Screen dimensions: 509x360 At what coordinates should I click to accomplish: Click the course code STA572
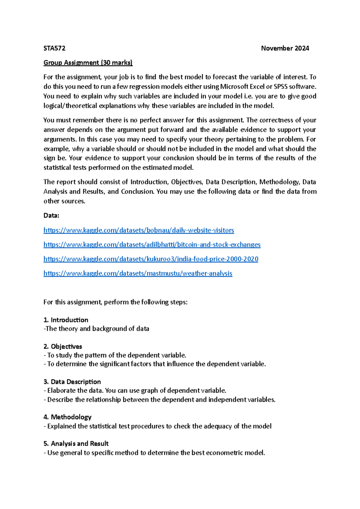[x=54, y=48]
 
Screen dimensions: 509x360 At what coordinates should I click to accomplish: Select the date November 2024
[x=285, y=48]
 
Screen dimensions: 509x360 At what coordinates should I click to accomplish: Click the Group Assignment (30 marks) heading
[x=88, y=63]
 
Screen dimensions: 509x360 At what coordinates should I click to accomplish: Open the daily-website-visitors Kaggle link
[x=139, y=230]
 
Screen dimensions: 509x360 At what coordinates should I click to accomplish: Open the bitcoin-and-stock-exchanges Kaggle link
[x=152, y=245]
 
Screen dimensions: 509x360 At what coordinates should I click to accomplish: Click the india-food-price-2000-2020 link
[x=151, y=259]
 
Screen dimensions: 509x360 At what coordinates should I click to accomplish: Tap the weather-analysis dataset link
[x=138, y=273]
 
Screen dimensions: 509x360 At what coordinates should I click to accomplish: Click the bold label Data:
[x=51, y=215]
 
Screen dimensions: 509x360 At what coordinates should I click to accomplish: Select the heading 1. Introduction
[x=66, y=320]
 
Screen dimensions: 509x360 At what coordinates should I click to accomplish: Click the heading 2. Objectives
[x=63, y=346]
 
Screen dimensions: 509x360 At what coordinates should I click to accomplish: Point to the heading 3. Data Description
[x=72, y=382]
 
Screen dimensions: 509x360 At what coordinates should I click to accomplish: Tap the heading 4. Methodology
[x=67, y=417]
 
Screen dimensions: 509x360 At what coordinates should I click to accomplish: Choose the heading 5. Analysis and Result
[x=76, y=444]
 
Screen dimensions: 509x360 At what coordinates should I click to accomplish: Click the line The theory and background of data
[x=96, y=329]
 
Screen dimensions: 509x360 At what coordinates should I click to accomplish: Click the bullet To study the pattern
[x=116, y=355]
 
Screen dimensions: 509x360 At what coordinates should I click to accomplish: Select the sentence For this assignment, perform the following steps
[x=115, y=302]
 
